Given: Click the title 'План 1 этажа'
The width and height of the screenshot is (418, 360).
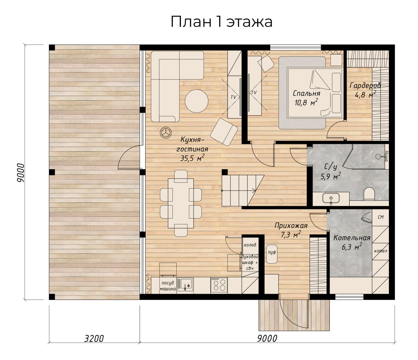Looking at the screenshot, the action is click(221, 22).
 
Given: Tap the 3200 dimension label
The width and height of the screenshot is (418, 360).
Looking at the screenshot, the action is click(94, 338).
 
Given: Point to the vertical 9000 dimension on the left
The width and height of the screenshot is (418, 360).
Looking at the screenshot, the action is click(21, 173).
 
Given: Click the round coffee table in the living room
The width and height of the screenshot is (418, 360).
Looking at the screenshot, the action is click(197, 102).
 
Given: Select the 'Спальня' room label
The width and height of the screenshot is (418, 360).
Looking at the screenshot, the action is click(306, 94).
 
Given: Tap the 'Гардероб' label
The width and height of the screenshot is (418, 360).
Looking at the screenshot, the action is click(365, 85).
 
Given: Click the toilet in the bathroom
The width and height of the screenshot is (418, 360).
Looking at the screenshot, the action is click(369, 194).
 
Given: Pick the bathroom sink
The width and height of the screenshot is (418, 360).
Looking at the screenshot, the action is click(331, 198).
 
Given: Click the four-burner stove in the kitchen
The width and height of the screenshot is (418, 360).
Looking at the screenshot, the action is click(219, 285).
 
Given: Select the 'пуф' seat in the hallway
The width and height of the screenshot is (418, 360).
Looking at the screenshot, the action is click(272, 254).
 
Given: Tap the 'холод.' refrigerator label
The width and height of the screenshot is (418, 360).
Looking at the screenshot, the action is click(250, 245).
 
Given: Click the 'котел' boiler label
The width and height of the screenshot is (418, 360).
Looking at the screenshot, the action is click(380, 251).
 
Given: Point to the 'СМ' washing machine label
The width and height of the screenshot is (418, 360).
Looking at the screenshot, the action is click(380, 217).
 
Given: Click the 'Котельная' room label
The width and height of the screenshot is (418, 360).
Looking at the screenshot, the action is click(352, 238).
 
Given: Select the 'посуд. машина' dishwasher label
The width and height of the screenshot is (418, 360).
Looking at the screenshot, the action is click(168, 286).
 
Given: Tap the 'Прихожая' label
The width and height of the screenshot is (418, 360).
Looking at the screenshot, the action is click(291, 226).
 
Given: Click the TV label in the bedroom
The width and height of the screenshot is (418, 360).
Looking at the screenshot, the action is click(254, 92).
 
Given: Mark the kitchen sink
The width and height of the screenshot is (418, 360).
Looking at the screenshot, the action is click(185, 285).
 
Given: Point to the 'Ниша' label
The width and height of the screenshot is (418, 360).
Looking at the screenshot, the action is click(386, 156).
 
